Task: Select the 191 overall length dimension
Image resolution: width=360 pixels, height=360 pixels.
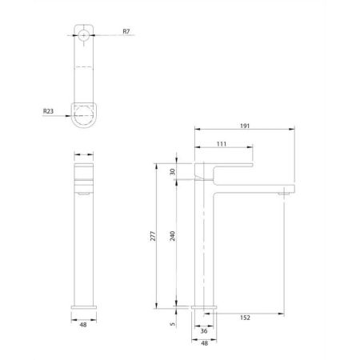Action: pyautogui.click(x=246, y=126)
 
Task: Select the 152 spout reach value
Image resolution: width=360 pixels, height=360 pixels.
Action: pyautogui.click(x=245, y=318)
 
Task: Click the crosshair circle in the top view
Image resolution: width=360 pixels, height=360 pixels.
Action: pyautogui.click(x=83, y=35)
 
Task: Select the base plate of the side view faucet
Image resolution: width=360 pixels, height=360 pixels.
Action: pyautogui.click(x=203, y=306)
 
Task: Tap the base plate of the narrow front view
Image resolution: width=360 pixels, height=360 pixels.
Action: pyautogui.click(x=83, y=306)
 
